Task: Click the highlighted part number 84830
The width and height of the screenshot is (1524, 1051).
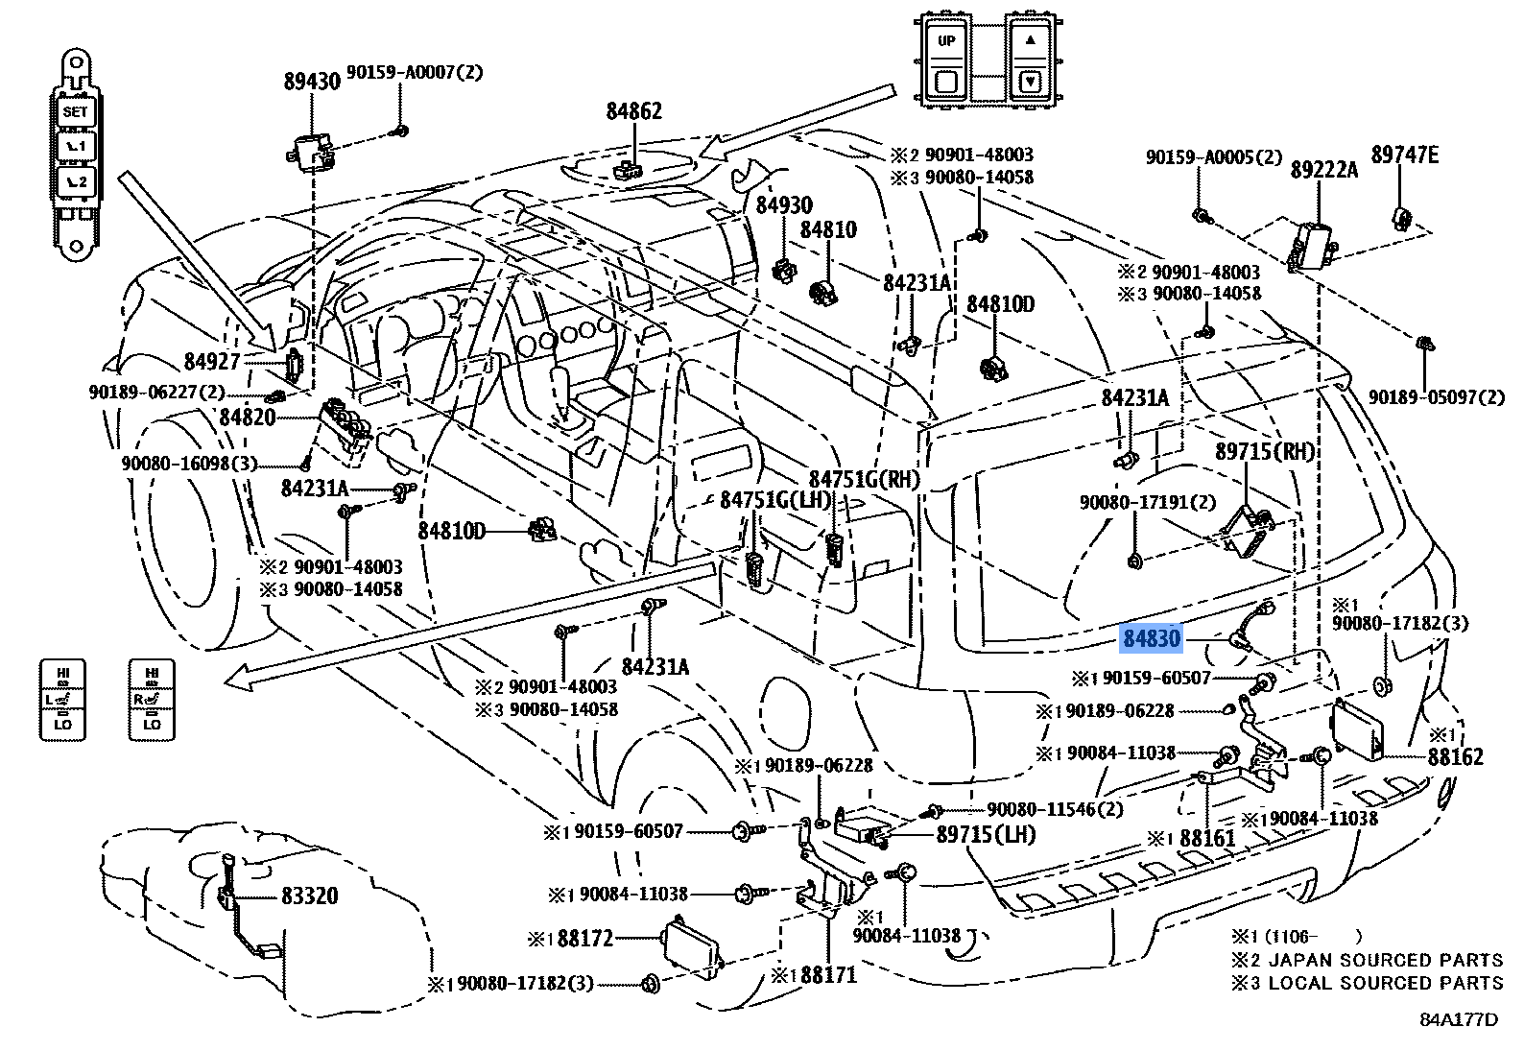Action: (1152, 638)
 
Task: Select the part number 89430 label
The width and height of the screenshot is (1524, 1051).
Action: (312, 81)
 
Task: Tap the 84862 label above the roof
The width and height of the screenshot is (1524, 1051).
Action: (633, 111)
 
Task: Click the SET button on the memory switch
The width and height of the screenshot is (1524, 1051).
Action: (75, 112)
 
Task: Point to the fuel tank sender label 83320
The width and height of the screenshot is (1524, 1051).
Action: (309, 896)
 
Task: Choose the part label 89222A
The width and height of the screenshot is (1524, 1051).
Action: (1323, 170)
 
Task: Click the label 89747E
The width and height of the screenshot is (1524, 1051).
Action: (1404, 155)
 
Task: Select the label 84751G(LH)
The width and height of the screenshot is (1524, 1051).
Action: (762, 500)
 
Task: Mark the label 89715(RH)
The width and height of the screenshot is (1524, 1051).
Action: (1264, 451)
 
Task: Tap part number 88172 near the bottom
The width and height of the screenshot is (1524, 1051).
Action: (584, 937)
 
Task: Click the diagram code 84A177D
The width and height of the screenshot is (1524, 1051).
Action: (1458, 1019)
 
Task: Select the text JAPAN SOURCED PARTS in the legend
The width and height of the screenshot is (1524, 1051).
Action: (1386, 960)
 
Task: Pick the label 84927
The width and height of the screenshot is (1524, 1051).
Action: (211, 362)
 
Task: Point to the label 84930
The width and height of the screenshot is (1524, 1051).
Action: (783, 205)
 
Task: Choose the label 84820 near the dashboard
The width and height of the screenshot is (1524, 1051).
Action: (247, 418)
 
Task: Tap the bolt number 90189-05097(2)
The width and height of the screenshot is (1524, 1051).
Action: (1437, 396)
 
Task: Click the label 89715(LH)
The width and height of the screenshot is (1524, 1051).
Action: (986, 834)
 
